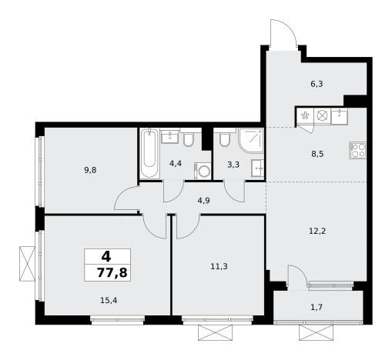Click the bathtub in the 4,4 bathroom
[x=149, y=153]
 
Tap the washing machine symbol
[x=203, y=171]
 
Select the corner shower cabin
[x=252, y=141]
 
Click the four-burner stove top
[x=358, y=151]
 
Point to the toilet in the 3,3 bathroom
[x=225, y=138]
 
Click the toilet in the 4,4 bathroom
[x=189, y=138]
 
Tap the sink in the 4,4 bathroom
[x=169, y=136]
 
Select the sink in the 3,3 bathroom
[x=258, y=168]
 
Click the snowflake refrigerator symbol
[x=305, y=116]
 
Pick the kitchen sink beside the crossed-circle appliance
[x=340, y=116]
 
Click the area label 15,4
[x=109, y=300]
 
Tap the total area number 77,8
[x=112, y=272]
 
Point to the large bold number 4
[x=106, y=257]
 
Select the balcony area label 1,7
[x=317, y=307]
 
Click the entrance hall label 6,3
[x=317, y=84]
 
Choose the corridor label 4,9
[x=203, y=200]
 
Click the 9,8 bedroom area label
[x=90, y=170]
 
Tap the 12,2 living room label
[x=317, y=232]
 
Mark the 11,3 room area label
[x=219, y=267]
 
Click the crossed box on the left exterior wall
[x=27, y=264]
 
